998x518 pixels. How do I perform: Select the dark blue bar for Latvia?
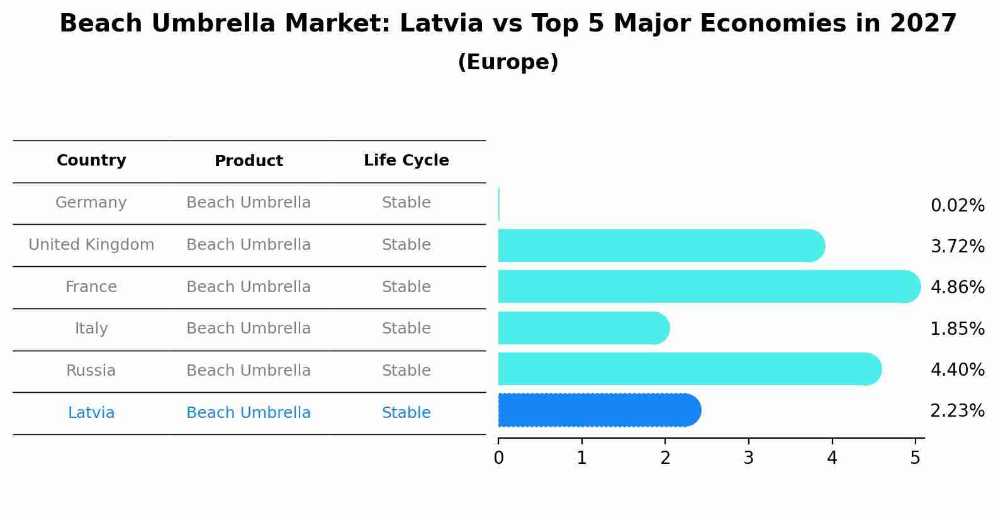point(598,410)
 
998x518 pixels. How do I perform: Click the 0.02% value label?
point(957,206)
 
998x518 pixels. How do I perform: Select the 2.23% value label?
point(957,411)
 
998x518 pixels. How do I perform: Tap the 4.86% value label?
point(957,288)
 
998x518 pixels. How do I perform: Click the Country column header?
point(91,160)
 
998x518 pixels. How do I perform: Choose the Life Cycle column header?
point(406,160)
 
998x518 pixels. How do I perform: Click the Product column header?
point(249,161)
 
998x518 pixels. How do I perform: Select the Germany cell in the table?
point(91,203)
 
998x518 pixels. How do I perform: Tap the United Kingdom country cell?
point(91,245)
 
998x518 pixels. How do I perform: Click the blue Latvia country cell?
point(91,413)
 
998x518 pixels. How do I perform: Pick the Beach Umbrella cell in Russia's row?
point(249,371)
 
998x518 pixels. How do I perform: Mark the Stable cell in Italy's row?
point(406,329)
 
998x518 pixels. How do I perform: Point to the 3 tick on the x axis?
point(748,458)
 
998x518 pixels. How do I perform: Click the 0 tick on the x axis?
point(498,458)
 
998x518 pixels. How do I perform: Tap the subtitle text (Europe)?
point(508,62)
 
